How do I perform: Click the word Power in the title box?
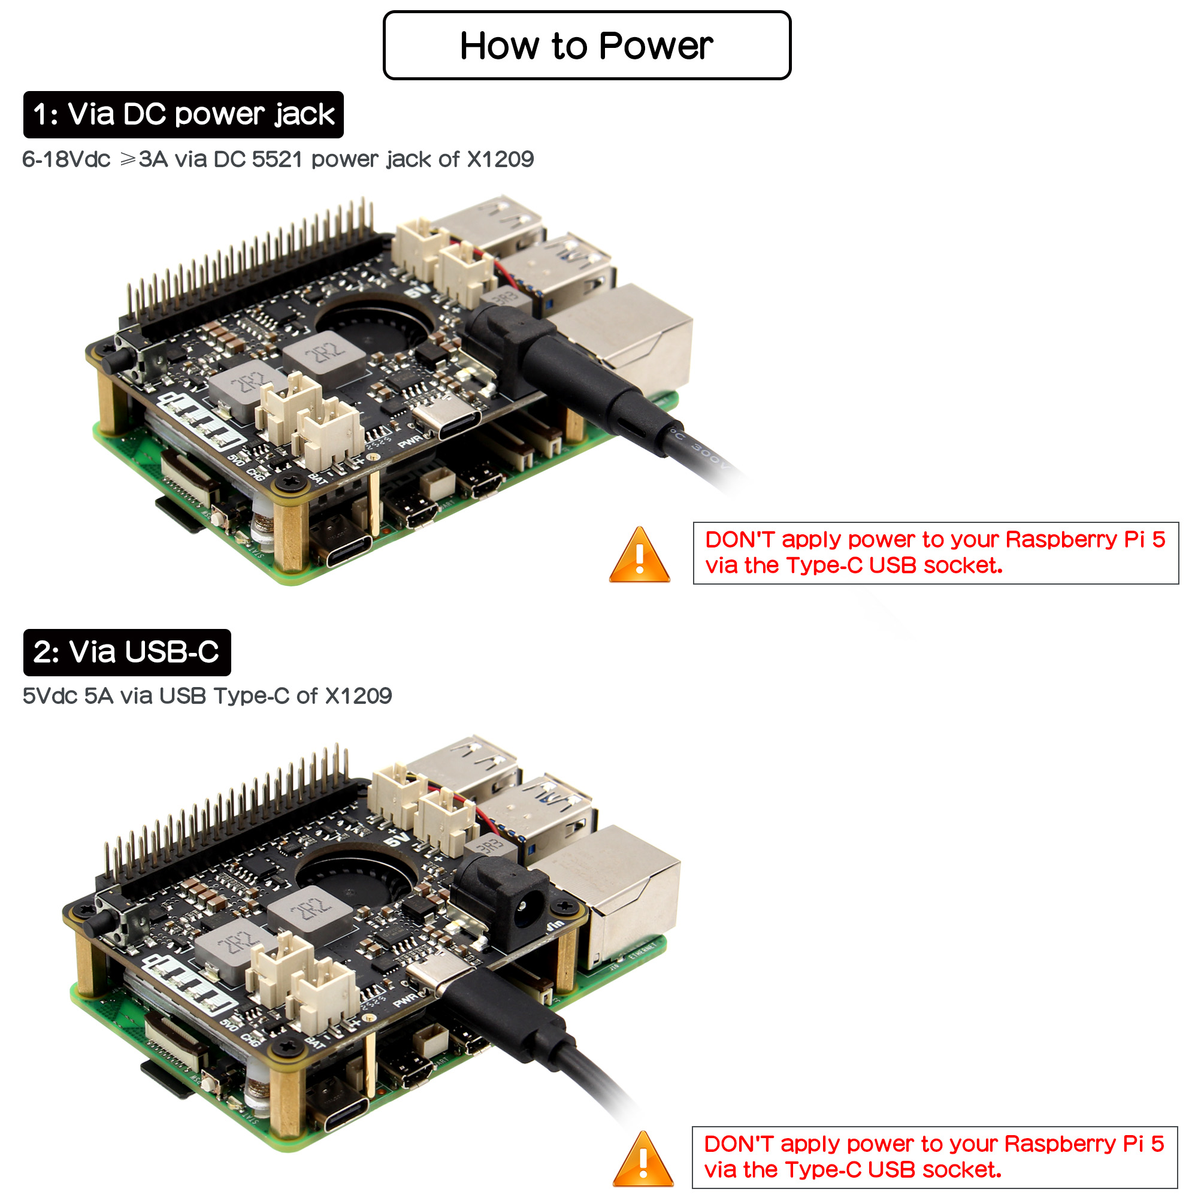655,46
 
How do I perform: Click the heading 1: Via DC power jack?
183,115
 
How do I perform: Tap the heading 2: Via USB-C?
126,652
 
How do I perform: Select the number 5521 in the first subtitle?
277,159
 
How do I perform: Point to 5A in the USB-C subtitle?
99,697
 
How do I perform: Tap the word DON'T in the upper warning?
740,540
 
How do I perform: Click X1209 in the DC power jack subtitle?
500,159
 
